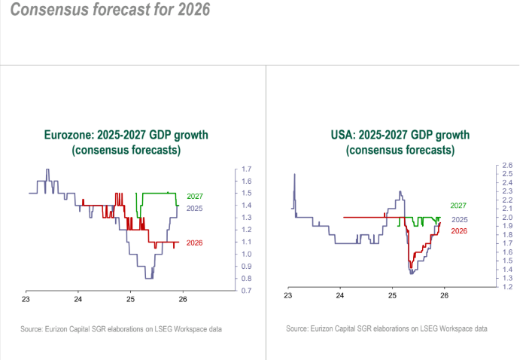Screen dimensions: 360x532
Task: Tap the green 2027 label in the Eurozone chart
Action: point(194,196)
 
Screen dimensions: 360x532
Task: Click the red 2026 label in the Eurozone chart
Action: point(194,243)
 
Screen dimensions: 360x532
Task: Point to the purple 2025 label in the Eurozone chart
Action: point(194,208)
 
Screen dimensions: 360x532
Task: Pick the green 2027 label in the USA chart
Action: point(458,206)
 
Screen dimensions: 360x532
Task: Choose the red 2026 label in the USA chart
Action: point(458,230)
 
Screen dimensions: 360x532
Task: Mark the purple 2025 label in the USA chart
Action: point(458,219)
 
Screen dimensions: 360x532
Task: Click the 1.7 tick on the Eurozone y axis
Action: point(245,169)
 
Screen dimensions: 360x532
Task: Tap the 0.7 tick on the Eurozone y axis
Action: point(245,291)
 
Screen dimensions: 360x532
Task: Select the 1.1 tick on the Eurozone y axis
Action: point(245,242)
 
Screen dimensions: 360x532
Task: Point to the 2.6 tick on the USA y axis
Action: point(507,165)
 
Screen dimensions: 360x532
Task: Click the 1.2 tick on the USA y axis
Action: point(507,287)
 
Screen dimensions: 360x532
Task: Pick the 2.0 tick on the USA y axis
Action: point(507,217)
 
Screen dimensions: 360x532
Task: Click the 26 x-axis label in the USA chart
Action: point(444,296)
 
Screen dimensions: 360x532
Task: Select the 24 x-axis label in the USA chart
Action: point(340,296)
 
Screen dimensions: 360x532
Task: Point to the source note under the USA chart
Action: point(387,329)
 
